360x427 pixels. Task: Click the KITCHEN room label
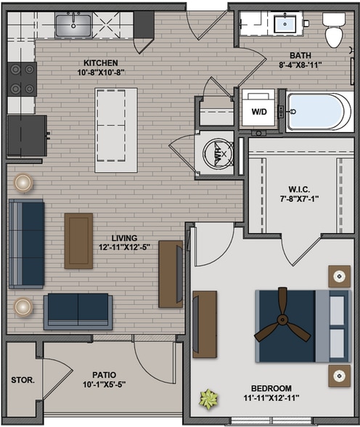[100, 62]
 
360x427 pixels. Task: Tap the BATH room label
[300, 55]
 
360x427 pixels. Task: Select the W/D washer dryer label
[258, 112]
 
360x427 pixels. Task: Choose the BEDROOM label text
[268, 389]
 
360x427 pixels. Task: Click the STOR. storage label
[22, 380]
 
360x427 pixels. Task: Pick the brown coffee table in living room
[78, 240]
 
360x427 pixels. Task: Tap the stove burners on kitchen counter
[22, 78]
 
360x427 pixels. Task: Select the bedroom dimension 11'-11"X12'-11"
[268, 398]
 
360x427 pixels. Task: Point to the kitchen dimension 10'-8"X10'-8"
[100, 72]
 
